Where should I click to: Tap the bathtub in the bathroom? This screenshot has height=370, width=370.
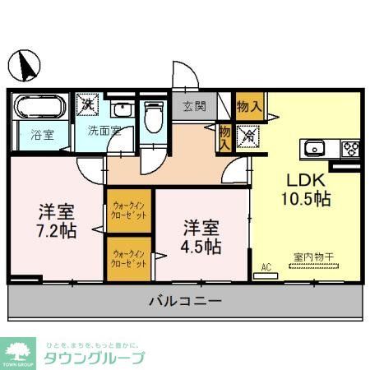coord(39,107)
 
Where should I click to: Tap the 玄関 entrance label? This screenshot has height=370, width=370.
coord(194,105)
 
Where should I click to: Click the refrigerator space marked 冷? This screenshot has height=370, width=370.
coord(247,136)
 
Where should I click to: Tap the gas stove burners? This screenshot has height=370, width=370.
coord(349,148)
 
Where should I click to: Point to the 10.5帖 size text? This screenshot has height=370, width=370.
coord(308,200)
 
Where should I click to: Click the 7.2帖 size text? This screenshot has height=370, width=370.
coord(56,230)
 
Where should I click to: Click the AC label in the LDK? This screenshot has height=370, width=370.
coord(266,267)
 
